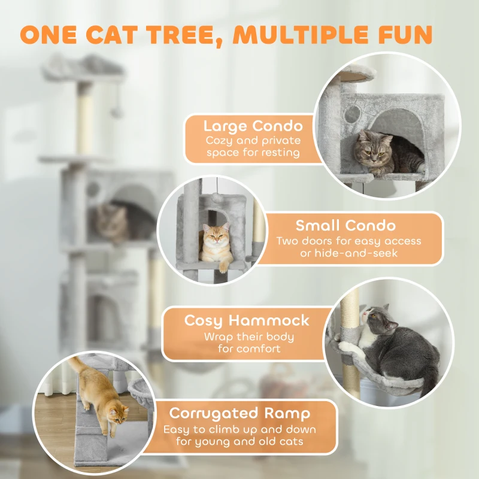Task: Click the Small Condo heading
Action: tap(345, 226)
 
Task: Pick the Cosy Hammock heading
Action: tap(247, 320)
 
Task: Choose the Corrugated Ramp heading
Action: tap(239, 413)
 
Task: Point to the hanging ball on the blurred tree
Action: tap(118, 112)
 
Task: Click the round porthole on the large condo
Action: tap(354, 113)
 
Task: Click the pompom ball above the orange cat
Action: tap(214, 197)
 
